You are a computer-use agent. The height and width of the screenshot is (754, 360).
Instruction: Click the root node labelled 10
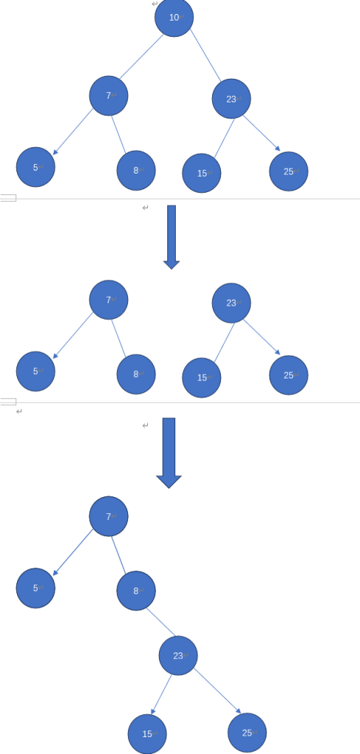coord(174,18)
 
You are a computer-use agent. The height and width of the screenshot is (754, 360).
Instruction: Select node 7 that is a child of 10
coord(109,96)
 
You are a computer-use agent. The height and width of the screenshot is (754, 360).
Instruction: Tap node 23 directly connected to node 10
coord(231,99)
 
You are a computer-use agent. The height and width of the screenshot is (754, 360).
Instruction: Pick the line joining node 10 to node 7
coord(141,56)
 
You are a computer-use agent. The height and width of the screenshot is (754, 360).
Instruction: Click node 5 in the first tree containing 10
coord(35,167)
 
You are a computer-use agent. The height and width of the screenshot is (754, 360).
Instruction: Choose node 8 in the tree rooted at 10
coord(136,170)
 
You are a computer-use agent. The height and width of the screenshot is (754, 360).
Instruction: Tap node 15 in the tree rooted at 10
coord(202,173)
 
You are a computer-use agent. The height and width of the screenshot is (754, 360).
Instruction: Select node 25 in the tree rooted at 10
coord(289,171)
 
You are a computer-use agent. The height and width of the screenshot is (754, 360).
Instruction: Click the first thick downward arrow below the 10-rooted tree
coord(172,237)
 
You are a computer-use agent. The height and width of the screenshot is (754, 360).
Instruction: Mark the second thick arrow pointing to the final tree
coord(169,453)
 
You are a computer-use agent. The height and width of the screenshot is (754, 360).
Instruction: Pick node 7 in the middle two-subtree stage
coord(109,300)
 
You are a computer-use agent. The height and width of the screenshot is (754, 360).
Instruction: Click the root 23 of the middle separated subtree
coord(231,303)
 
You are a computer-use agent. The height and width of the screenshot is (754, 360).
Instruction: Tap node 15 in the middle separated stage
coord(202,378)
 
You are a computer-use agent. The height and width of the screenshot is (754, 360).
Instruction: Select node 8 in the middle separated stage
coord(136,374)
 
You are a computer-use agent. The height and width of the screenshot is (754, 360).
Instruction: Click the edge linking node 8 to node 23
coord(161,622)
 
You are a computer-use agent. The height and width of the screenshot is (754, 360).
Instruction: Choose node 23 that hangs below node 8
coord(178,655)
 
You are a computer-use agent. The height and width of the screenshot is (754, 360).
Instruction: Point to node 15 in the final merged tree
coord(147,734)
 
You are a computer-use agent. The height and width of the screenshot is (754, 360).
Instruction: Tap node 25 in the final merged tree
coord(247,733)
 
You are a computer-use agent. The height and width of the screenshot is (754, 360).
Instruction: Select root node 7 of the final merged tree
coord(109,516)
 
